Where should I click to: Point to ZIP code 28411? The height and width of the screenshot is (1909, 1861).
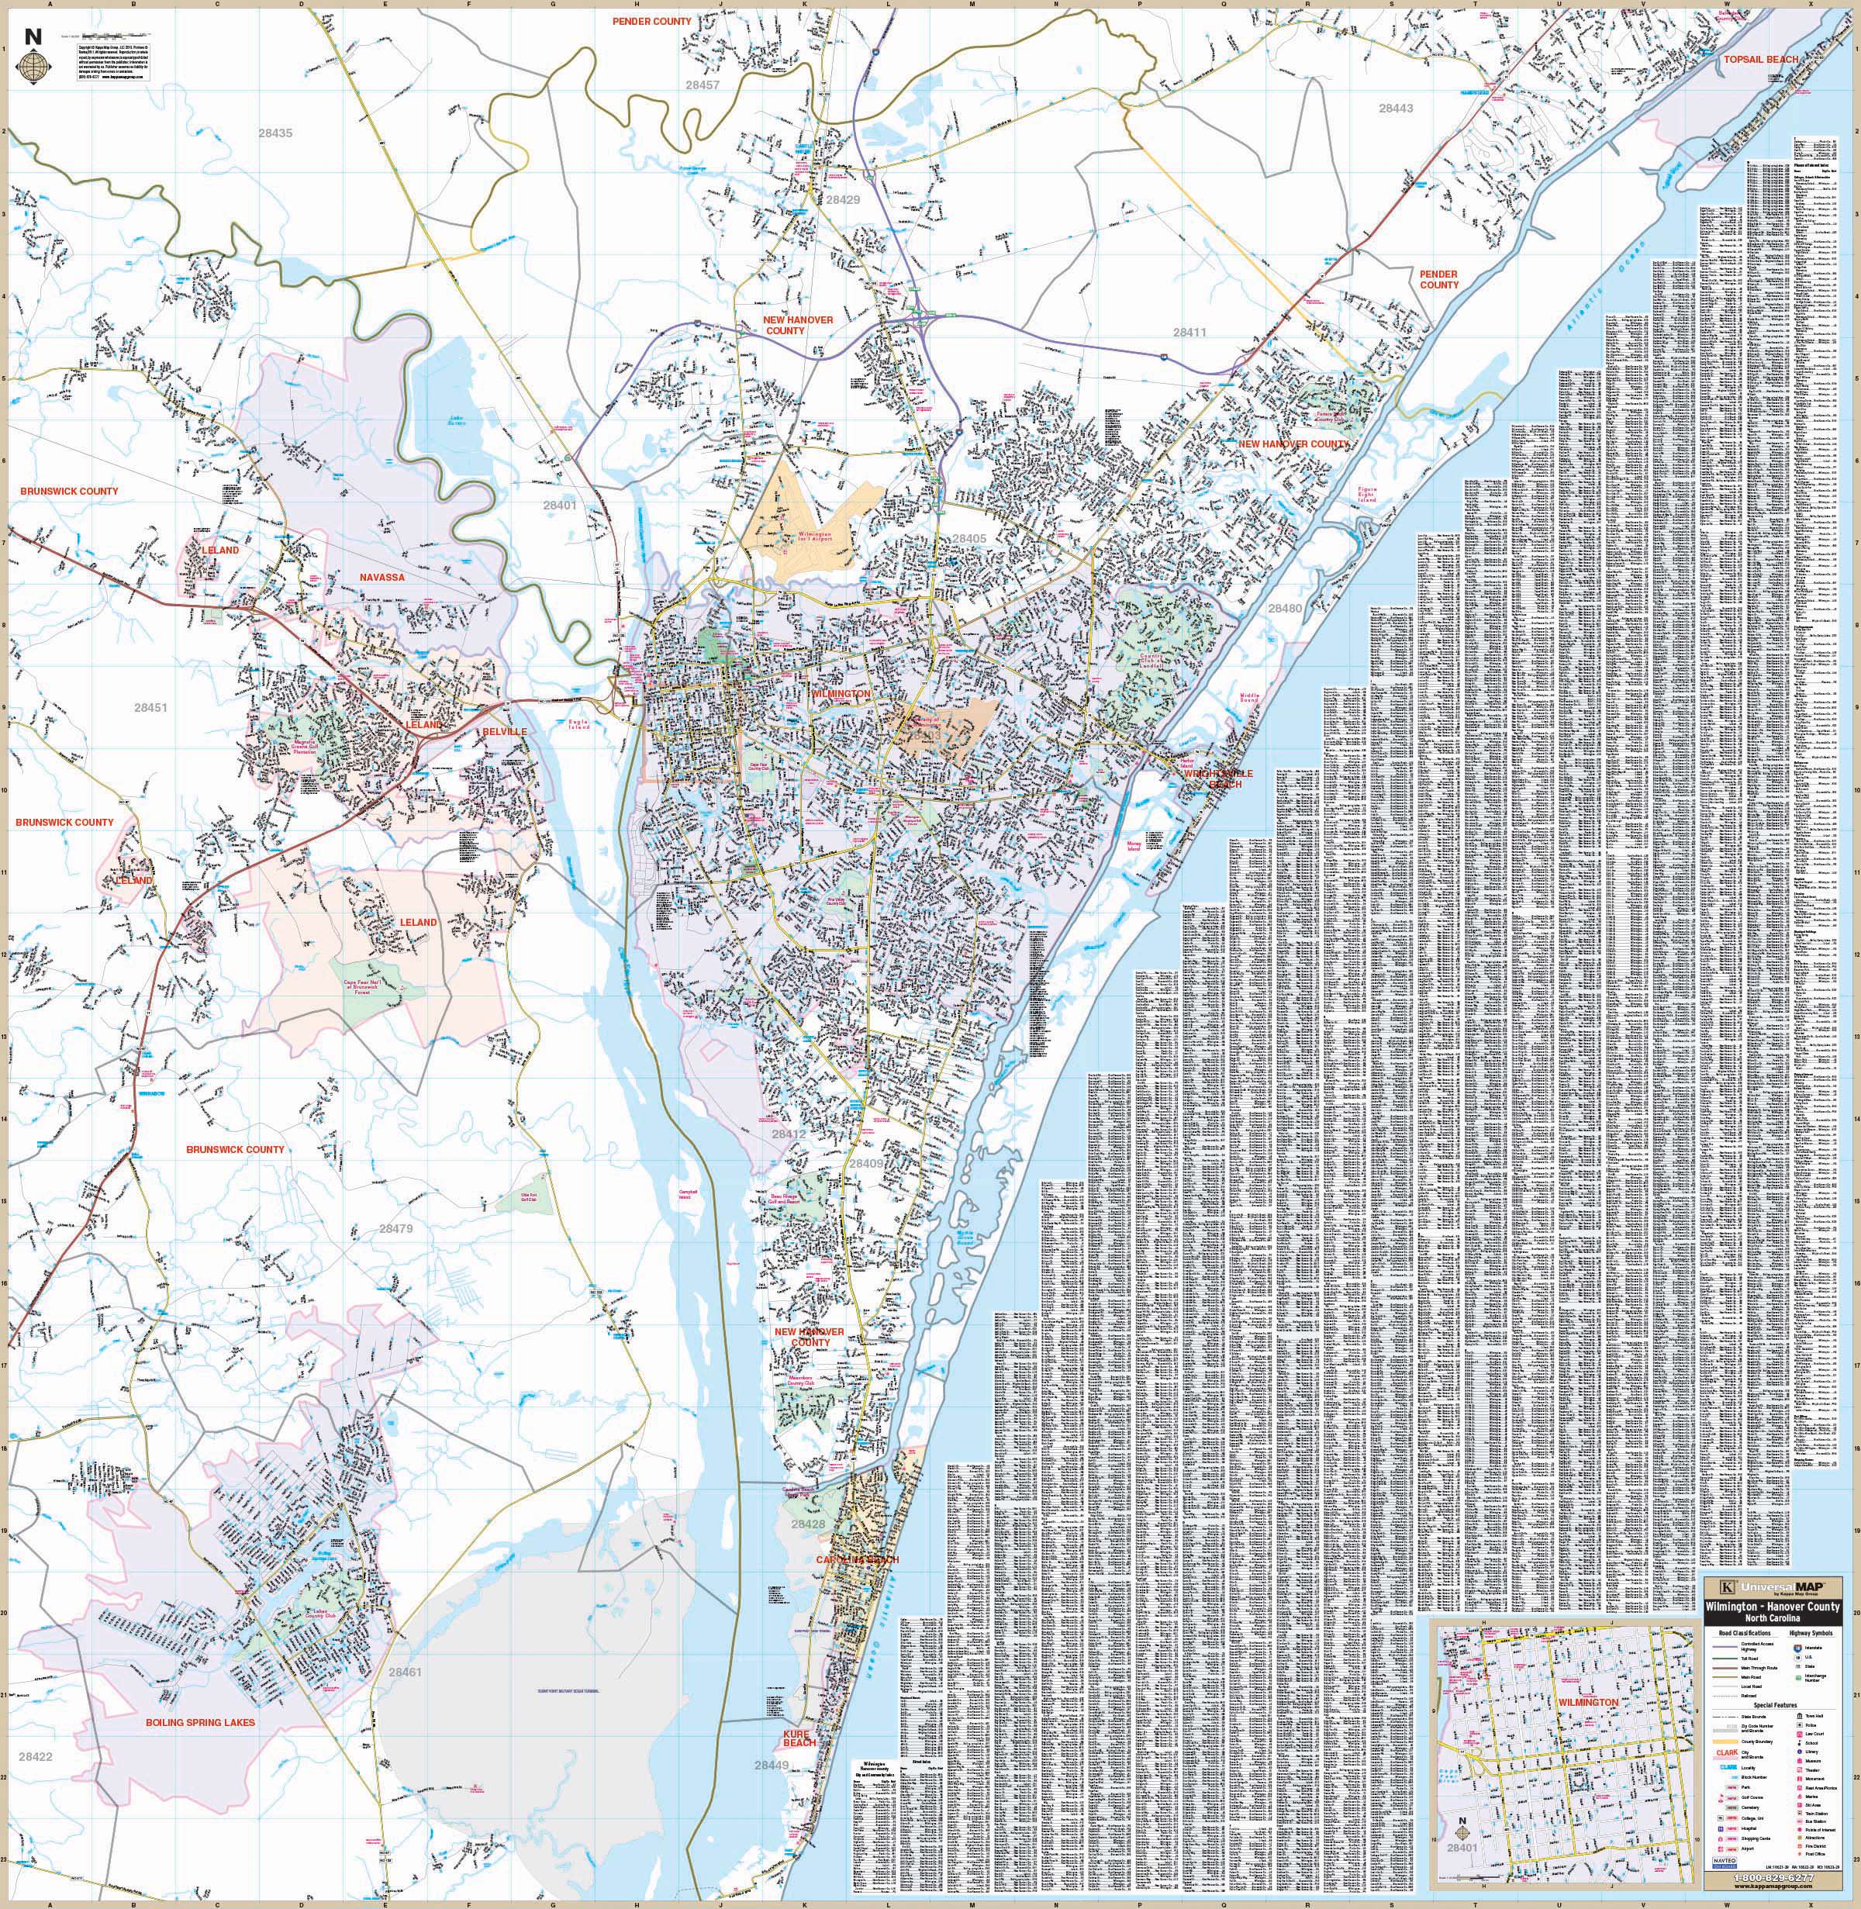click(1190, 333)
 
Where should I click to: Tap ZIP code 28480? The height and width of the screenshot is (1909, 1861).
click(1286, 608)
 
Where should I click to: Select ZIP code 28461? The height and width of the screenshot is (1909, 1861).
click(405, 1673)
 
